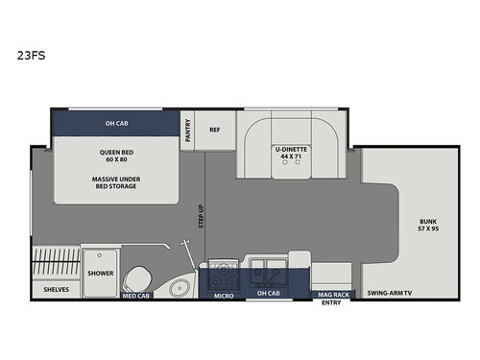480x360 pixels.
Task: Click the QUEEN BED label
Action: [x=115, y=152]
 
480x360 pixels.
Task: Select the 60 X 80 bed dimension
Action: [x=115, y=159]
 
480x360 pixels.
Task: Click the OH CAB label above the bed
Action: [x=115, y=122]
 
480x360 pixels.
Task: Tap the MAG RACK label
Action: [x=333, y=295]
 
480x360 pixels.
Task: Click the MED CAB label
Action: [x=135, y=296]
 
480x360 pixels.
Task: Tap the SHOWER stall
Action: [x=100, y=273]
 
